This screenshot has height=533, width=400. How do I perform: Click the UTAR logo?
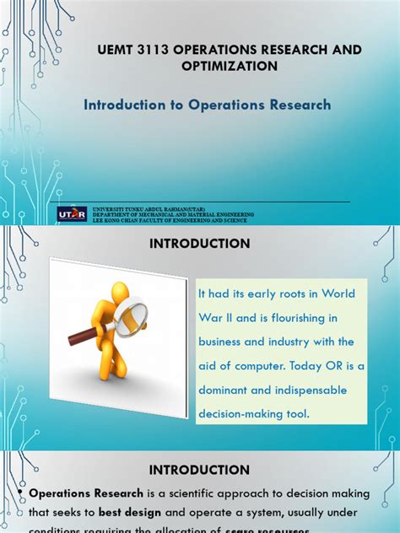coord(72,214)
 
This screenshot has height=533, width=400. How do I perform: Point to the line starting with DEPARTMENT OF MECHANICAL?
coord(168,214)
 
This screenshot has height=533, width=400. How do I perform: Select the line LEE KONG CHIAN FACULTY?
coord(168,219)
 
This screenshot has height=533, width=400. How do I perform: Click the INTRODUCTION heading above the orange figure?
coord(199,244)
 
